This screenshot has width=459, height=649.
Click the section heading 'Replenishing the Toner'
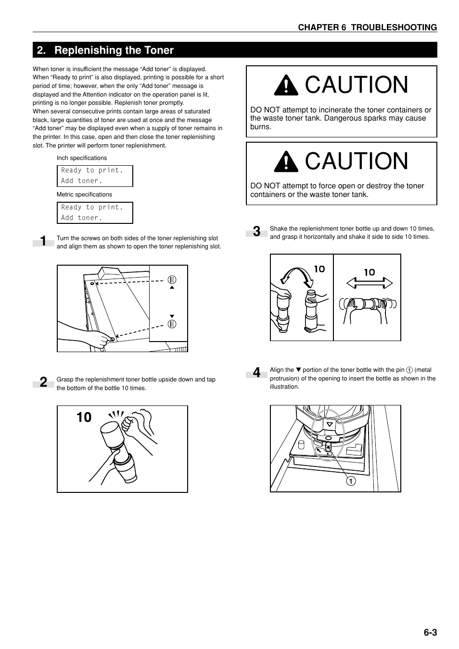(114, 50)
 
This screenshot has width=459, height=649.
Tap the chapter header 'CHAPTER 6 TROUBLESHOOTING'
(367, 27)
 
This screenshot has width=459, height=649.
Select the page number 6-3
(430, 632)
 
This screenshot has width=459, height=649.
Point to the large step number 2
(44, 383)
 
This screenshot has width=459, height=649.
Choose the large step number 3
(257, 232)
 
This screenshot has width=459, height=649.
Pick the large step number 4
(257, 373)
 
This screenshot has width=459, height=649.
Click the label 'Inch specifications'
(82, 158)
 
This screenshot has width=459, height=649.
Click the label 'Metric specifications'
(84, 195)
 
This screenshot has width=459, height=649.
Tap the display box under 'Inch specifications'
(94, 176)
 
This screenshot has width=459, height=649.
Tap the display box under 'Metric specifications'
(94, 213)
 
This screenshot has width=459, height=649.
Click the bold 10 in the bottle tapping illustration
(84, 417)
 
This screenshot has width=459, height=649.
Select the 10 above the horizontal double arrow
(369, 272)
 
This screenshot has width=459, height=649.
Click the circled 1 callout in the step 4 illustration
(352, 480)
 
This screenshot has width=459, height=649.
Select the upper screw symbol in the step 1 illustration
(172, 280)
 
